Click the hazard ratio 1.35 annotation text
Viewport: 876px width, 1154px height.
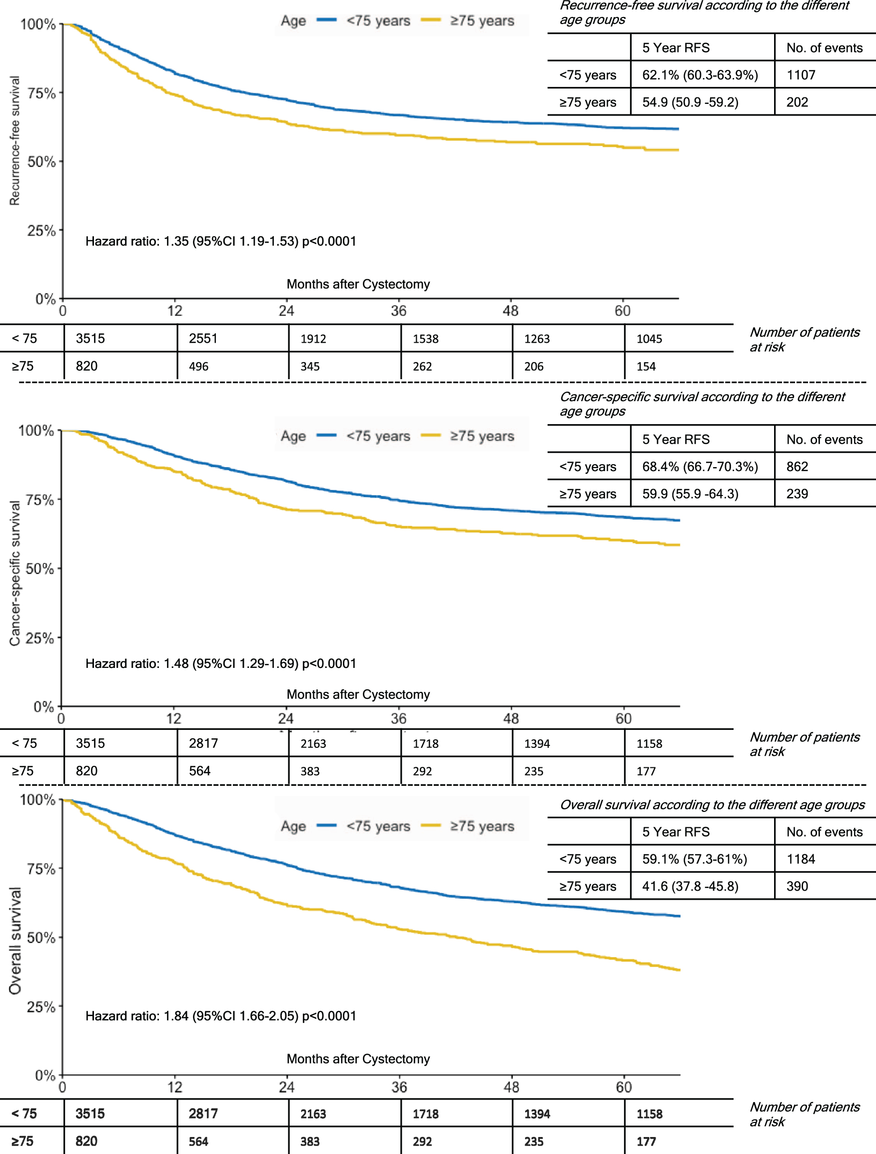click(x=221, y=242)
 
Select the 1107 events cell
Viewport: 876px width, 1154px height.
click(x=801, y=75)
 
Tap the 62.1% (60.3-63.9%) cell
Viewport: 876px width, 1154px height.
click(x=700, y=75)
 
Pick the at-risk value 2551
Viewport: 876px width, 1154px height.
click(x=203, y=339)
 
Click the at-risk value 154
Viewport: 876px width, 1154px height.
click(x=646, y=366)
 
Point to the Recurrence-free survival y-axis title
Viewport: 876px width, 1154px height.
click(x=14, y=141)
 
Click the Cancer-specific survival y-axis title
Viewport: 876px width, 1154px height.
click(x=14, y=573)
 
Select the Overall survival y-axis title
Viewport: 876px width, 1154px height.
click(x=14, y=941)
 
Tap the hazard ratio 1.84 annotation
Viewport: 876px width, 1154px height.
click(x=221, y=1016)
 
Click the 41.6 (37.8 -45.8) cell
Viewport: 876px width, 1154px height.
click(x=690, y=886)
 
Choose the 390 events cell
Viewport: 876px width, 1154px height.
click(x=797, y=886)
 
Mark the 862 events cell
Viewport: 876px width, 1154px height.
click(x=797, y=467)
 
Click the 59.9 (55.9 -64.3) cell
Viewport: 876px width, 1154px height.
click(x=690, y=494)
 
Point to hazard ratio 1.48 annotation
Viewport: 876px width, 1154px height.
click(x=221, y=663)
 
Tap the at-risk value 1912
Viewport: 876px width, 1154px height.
click(x=313, y=339)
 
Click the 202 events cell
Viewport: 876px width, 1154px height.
click(x=797, y=102)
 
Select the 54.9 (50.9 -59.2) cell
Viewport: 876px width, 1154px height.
click(x=690, y=102)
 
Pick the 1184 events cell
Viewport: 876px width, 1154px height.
click(x=801, y=859)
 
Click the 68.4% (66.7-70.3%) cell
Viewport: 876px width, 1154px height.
click(x=700, y=467)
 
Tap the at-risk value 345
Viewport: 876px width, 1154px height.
click(x=310, y=366)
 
